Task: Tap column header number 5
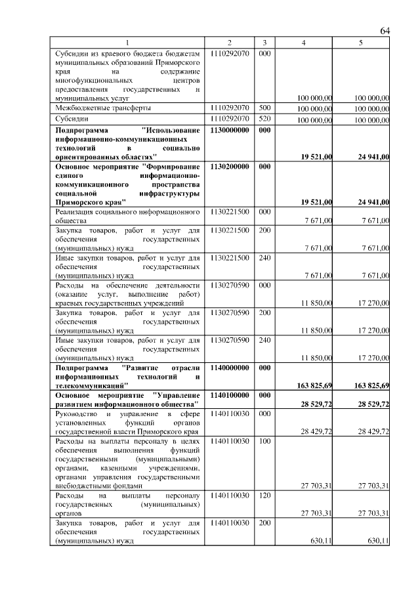361,43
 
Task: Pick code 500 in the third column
264,107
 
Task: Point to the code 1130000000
230,130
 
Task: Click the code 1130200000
230,167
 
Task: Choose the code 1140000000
230,368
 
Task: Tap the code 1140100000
230,396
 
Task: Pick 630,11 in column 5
377,541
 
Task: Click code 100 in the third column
264,442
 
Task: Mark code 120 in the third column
264,497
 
